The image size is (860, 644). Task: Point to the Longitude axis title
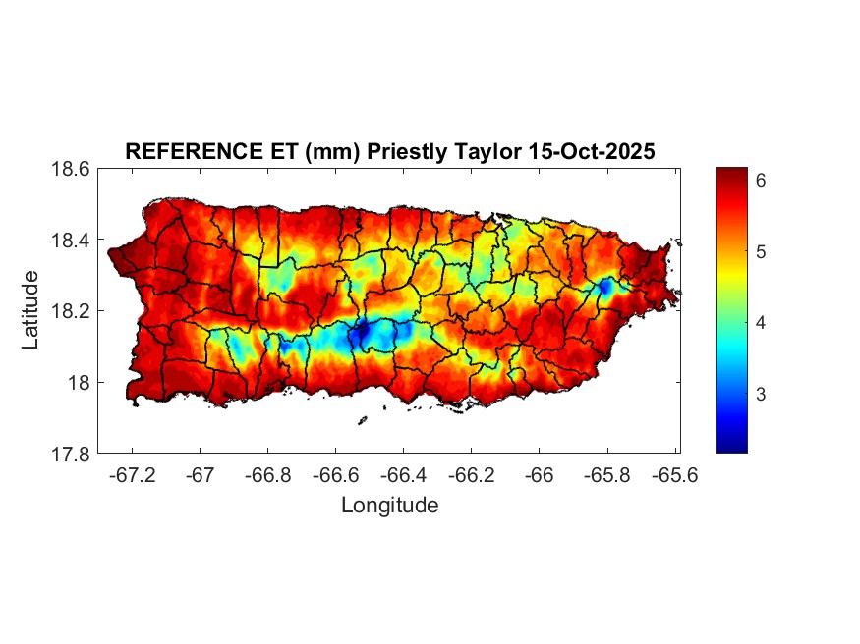(x=389, y=506)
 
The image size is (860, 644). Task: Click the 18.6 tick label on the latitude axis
(x=72, y=169)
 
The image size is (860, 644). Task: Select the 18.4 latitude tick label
(x=72, y=241)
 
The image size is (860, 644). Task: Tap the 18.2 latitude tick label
(x=72, y=311)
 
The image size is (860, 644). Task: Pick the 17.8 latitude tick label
(x=72, y=454)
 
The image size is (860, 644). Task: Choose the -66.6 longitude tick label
(x=335, y=474)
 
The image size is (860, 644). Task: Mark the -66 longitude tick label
(x=540, y=474)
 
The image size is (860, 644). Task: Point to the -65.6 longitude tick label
(x=674, y=474)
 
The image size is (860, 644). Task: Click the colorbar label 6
(x=761, y=181)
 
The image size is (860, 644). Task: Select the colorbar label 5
(x=761, y=251)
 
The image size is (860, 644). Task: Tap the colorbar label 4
(x=761, y=323)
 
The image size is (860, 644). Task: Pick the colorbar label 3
(x=761, y=394)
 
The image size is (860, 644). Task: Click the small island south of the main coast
(x=362, y=420)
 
